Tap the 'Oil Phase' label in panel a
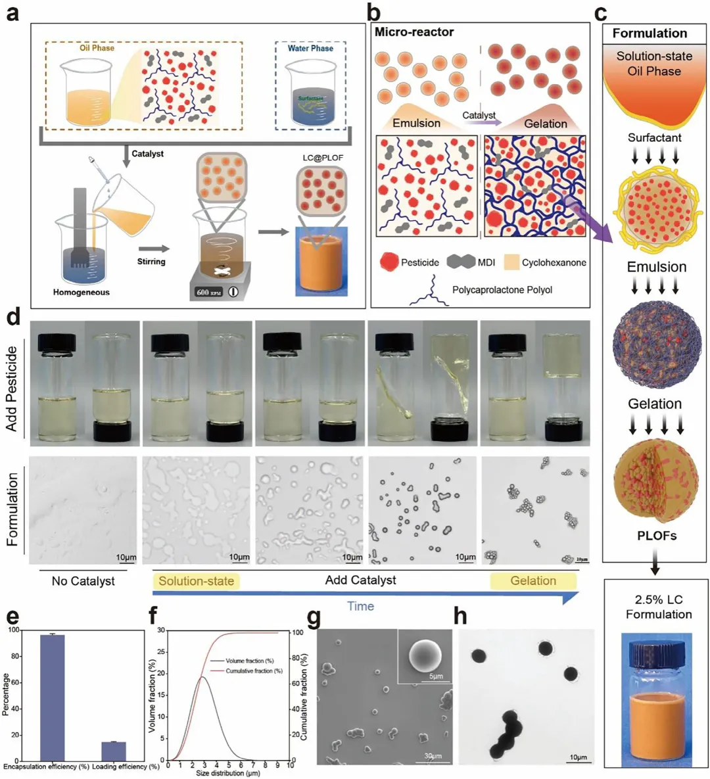point(97,48)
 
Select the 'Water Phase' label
point(310,48)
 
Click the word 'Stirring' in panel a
point(151,261)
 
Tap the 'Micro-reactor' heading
point(414,32)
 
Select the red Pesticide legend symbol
point(389,262)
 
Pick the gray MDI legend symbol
point(460,262)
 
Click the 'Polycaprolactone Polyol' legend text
point(502,290)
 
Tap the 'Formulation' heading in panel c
point(650,33)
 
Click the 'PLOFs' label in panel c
point(656,536)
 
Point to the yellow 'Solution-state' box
point(196,581)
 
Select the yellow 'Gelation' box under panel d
point(533,581)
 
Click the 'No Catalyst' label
point(83,581)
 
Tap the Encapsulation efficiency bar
point(53,697)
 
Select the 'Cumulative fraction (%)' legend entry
point(254,671)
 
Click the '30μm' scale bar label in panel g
point(433,757)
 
